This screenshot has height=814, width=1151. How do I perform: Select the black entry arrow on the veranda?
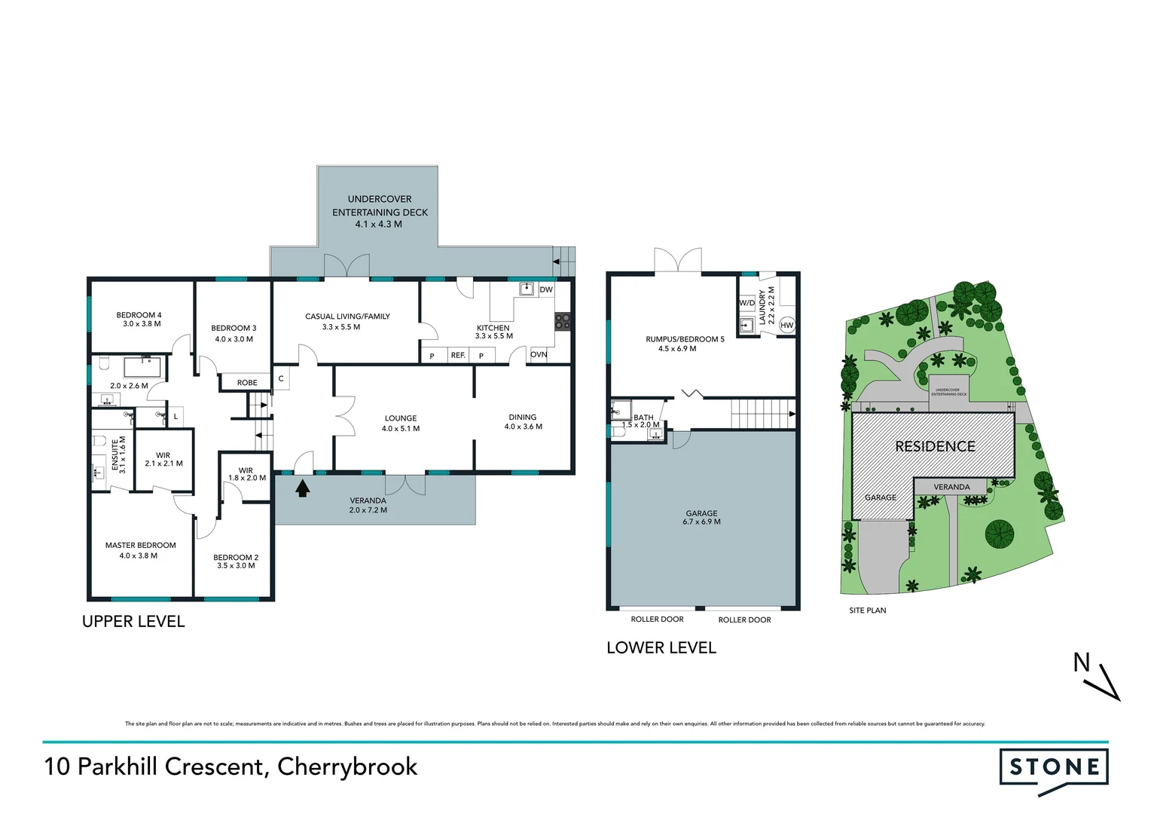tap(303, 488)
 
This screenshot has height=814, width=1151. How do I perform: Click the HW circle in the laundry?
tap(787, 326)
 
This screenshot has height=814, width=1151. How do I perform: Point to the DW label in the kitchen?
tap(546, 289)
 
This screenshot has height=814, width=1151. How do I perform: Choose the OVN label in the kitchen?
tap(539, 354)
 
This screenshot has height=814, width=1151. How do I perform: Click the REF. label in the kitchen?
tap(458, 355)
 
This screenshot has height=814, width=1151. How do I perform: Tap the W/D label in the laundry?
tap(746, 303)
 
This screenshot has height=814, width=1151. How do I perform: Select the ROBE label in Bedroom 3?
tap(247, 383)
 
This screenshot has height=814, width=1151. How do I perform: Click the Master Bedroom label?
tap(141, 545)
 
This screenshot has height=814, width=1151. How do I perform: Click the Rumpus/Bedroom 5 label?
tap(685, 339)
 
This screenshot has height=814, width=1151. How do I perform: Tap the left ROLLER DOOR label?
tap(657, 620)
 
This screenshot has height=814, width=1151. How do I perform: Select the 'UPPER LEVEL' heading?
tap(133, 622)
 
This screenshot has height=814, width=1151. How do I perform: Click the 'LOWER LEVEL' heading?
tap(661, 648)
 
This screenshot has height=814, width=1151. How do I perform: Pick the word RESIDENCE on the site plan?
tap(935, 446)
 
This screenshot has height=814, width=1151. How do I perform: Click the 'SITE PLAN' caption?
tap(867, 610)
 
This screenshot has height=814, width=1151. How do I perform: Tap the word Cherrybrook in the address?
tap(347, 767)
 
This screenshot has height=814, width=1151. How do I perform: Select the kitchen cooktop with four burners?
tap(562, 322)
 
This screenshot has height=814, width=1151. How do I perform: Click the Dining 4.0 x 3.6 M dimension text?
tap(523, 427)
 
